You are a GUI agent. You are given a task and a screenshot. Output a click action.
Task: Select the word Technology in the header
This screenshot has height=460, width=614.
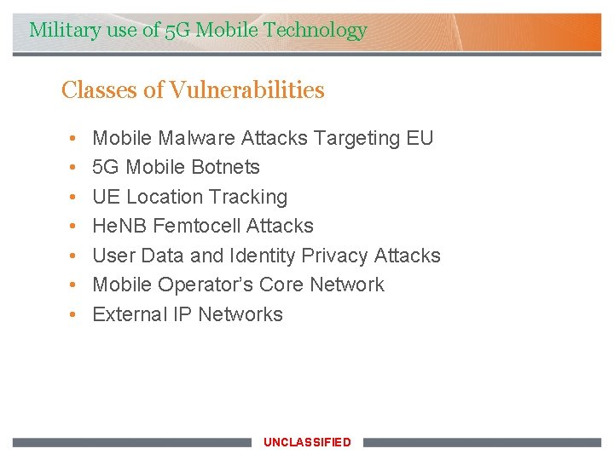316,31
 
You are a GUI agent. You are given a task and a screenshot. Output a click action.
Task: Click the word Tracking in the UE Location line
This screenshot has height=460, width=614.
248,197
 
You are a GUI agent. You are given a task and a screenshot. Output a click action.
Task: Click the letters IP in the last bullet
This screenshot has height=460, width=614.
182,314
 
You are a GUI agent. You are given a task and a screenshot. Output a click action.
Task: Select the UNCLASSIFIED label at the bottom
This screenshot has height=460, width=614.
307,442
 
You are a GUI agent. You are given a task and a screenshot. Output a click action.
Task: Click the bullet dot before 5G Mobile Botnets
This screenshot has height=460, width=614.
74,167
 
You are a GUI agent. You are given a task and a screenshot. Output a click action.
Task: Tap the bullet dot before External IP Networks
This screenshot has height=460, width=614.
74,314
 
